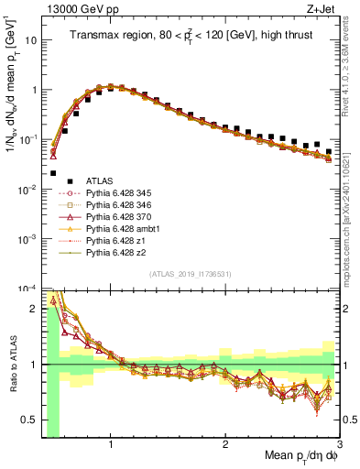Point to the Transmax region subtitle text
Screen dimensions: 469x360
(190, 36)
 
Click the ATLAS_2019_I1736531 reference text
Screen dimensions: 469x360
(190, 274)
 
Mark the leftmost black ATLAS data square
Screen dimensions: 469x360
(53, 173)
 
